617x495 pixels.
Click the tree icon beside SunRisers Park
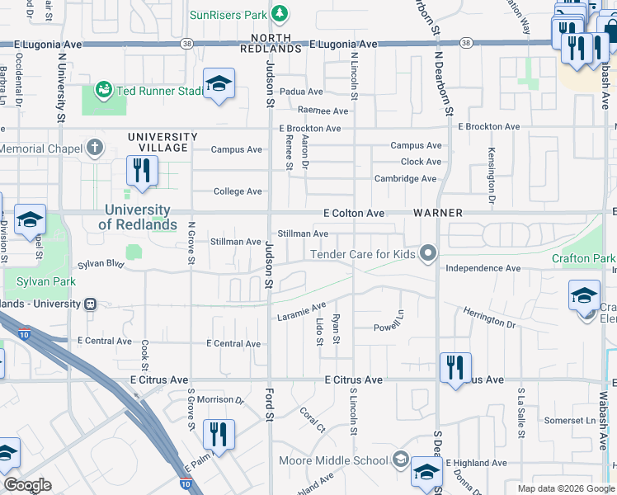[x=280, y=14]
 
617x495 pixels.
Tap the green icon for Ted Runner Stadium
[x=104, y=89]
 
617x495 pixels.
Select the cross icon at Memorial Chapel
[x=96, y=148]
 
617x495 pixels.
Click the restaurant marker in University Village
[x=142, y=171]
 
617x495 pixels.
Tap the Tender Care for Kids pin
[x=427, y=253]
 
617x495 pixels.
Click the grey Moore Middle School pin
[x=400, y=460]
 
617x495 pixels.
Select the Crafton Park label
[x=583, y=259]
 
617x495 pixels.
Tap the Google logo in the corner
[x=27, y=485]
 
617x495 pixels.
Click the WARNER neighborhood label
[x=438, y=213]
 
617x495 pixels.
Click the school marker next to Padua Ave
[x=219, y=83]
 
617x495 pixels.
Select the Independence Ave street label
[x=483, y=268]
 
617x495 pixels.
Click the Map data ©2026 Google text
[x=565, y=488]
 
